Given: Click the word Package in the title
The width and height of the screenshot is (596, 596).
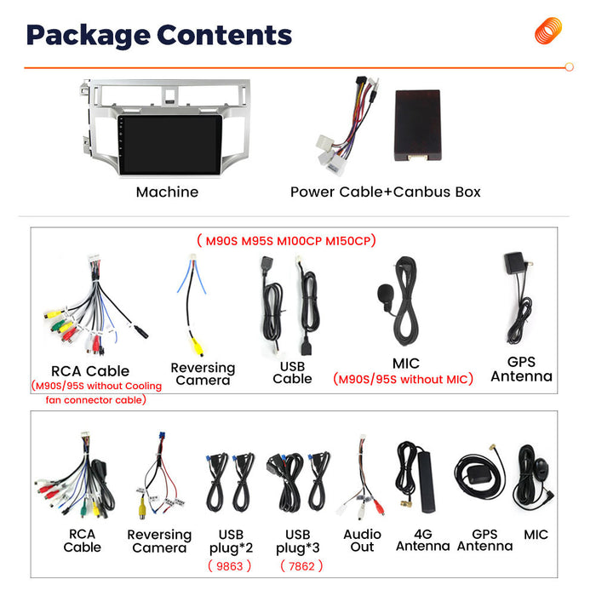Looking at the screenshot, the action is (x=89, y=36).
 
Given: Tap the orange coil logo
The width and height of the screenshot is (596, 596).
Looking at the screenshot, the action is (x=548, y=31).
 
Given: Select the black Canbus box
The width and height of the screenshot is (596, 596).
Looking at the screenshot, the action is (x=418, y=125).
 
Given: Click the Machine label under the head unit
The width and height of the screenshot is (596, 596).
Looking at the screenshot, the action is (x=167, y=192).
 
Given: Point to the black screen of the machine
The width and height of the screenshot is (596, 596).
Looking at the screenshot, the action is (x=169, y=145).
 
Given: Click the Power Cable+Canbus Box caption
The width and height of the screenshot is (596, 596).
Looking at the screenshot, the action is (x=386, y=192).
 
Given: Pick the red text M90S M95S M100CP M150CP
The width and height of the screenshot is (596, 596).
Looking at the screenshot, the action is (x=287, y=241).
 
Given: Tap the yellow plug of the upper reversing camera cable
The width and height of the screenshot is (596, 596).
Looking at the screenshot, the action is (x=197, y=347).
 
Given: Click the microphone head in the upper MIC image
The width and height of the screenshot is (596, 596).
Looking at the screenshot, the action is (x=385, y=293).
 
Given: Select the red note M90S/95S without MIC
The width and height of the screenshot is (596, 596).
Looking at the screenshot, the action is (x=403, y=379).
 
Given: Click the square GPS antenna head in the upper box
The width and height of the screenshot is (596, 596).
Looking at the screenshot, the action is (x=514, y=263).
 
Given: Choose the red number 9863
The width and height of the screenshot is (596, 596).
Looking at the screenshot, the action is (x=230, y=566).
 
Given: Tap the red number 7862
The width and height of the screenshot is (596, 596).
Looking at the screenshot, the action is (x=301, y=566).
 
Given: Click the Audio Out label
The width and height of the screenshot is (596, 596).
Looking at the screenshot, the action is (x=362, y=541).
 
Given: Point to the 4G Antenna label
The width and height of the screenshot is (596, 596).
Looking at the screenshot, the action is (x=422, y=540).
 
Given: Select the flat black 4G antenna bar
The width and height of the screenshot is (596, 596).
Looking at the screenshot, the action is (x=427, y=482).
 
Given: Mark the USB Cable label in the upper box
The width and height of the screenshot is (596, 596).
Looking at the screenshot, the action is (x=292, y=373).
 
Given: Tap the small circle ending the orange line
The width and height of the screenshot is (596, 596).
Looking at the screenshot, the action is (x=569, y=67).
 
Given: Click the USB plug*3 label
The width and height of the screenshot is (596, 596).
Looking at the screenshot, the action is (x=298, y=542).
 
